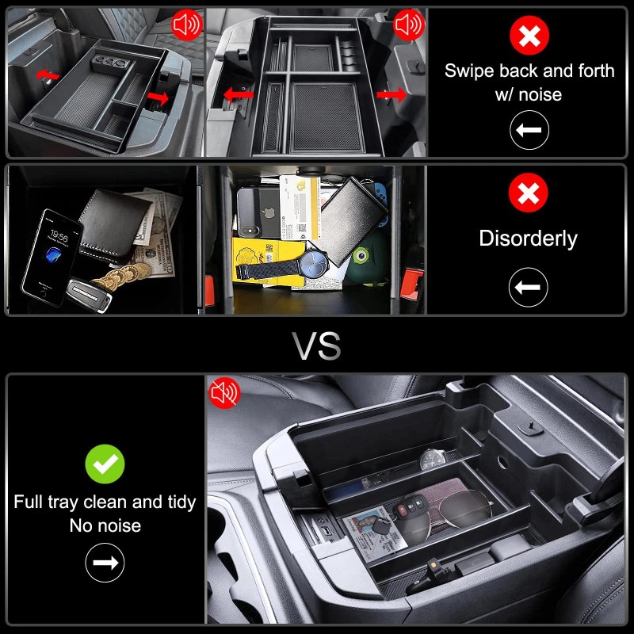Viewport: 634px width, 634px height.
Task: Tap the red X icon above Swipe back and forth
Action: click(x=529, y=35)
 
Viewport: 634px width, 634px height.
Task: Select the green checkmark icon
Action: click(x=105, y=464)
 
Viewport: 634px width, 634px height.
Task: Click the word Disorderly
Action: click(x=529, y=239)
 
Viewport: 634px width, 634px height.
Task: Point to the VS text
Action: click(x=317, y=346)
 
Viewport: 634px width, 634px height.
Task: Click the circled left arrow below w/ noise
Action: click(x=529, y=132)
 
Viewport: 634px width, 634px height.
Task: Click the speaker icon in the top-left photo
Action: click(x=187, y=25)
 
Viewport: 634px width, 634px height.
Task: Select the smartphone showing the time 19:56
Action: click(x=52, y=256)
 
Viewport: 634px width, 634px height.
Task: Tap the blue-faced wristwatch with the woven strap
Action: click(x=314, y=261)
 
